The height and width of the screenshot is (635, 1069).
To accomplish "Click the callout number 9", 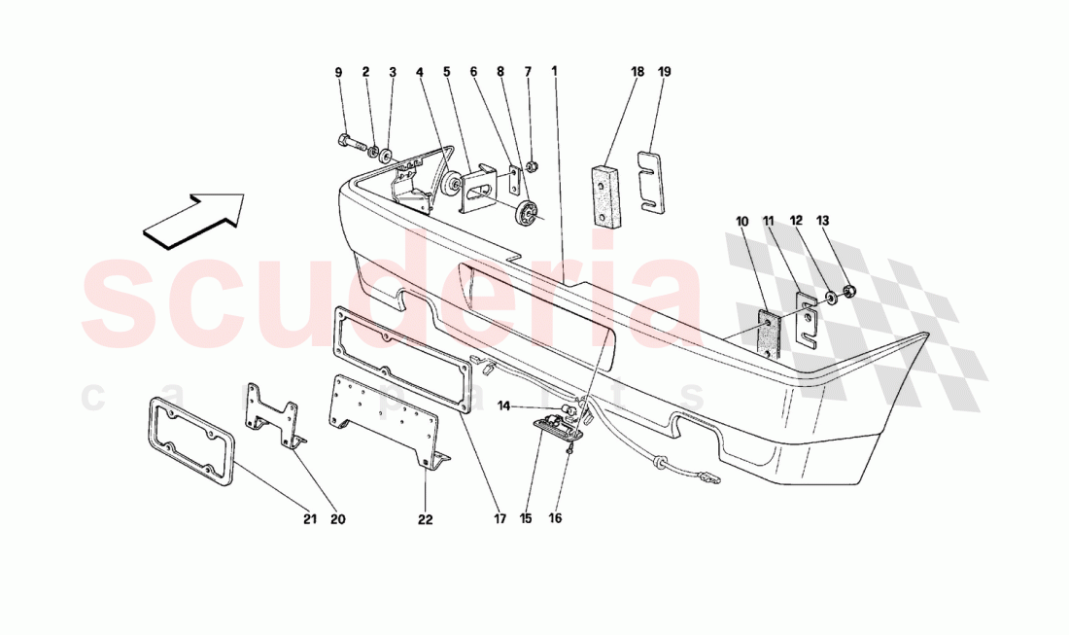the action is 339,72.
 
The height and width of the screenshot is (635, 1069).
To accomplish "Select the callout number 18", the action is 638,71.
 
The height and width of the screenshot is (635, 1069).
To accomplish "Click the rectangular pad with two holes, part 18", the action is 606,195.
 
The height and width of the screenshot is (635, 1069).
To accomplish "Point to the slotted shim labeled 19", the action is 652,181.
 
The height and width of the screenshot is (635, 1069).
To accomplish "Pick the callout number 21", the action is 310,519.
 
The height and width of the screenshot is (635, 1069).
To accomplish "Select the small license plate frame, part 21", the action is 190,441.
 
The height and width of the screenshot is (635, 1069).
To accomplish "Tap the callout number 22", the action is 425,519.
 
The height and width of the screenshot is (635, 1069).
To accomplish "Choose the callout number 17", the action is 500,519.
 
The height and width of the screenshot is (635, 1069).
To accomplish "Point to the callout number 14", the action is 503,406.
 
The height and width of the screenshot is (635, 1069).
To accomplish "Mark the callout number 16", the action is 555,518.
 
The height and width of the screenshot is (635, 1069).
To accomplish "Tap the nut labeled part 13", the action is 849,292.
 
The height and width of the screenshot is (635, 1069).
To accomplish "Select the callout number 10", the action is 742,222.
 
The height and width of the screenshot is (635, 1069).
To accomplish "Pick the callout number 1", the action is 554,71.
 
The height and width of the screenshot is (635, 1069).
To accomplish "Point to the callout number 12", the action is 796,221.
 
